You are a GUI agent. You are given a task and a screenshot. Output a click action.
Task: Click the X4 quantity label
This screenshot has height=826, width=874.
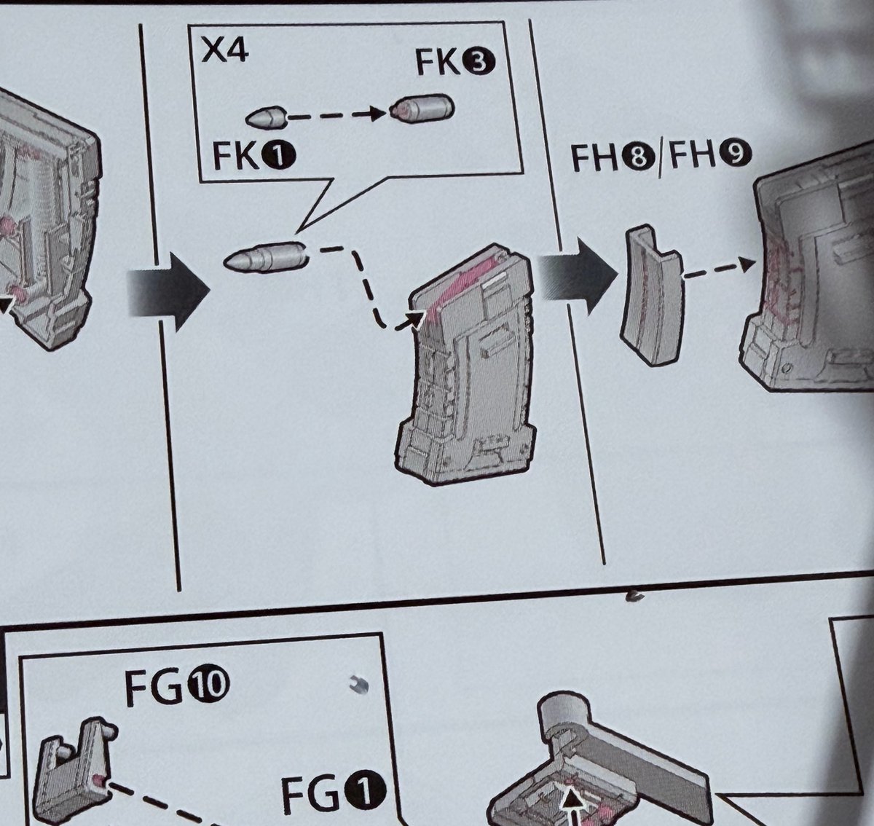[x=225, y=52]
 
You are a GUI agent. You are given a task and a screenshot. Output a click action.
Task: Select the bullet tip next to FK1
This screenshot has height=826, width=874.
[x=266, y=118]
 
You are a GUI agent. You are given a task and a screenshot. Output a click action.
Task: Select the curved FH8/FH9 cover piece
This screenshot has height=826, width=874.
[x=652, y=296]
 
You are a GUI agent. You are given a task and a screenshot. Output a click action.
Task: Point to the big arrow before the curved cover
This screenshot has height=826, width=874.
[x=578, y=277]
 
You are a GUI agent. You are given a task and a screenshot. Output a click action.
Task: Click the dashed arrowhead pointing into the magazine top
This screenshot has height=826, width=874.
[x=412, y=321]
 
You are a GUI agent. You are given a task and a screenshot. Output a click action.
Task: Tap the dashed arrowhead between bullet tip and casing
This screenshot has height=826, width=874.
[x=377, y=114]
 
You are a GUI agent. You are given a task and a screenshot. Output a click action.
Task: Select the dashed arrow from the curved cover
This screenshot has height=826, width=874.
[x=718, y=269]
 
